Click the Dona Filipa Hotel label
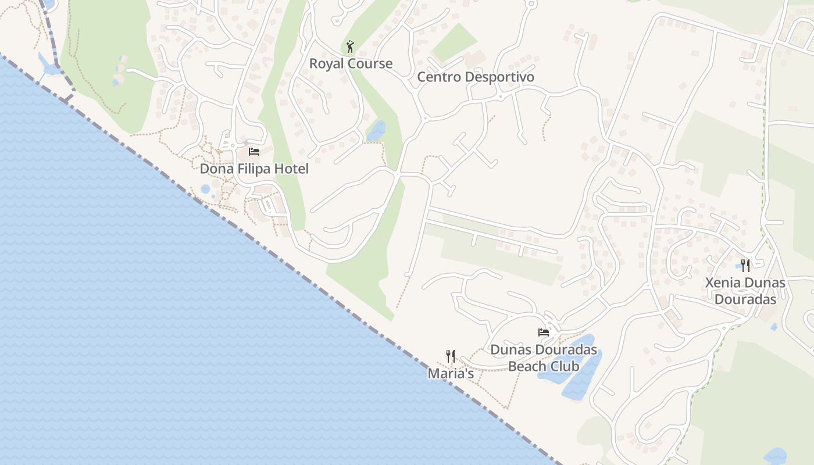point(254,169)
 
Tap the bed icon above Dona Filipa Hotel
point(254,152)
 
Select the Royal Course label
point(351,64)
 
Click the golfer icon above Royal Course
point(350,46)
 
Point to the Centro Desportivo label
point(476,77)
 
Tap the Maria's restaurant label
point(451,374)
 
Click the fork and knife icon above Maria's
point(451,356)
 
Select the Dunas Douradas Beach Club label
point(544,358)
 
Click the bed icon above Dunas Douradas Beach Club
point(544,332)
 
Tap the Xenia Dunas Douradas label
point(745,291)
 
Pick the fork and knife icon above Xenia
point(745,266)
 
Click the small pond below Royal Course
point(376,131)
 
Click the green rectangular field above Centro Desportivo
point(455,42)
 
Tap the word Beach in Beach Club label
point(527,366)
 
